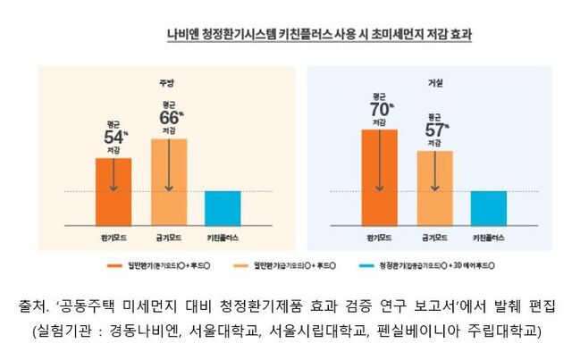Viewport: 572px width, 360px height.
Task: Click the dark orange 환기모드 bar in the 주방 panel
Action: [113, 191]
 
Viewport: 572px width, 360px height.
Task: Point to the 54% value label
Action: [114, 138]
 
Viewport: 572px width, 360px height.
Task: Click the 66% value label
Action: [169, 118]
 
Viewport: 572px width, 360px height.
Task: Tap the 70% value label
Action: [380, 109]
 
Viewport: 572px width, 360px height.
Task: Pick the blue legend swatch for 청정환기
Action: [363, 266]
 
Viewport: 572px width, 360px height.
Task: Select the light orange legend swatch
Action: [239, 266]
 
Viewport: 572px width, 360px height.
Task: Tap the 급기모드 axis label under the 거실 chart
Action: [434, 239]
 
